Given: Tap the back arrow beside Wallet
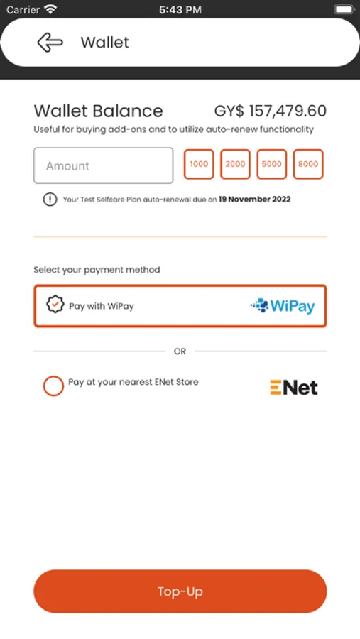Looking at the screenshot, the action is click(50, 43).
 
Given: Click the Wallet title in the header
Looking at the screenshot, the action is click(105, 43).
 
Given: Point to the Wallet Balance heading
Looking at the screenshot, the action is click(98, 111).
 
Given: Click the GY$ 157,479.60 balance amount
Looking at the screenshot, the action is click(271, 111).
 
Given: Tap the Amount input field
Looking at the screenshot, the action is click(104, 165).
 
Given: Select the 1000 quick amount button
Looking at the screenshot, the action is click(199, 164).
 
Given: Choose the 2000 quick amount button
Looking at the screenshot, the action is click(235, 164).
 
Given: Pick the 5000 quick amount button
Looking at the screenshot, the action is click(271, 164).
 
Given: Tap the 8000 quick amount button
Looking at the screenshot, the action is click(308, 164).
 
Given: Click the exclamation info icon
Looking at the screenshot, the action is click(50, 200).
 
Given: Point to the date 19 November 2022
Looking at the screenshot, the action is click(254, 200).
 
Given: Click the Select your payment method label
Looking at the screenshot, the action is click(97, 270).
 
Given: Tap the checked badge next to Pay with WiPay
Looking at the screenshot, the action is click(55, 305).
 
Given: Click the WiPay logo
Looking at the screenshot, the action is click(283, 306).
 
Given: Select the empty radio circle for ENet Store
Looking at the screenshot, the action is click(53, 386).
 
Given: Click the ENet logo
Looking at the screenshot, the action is click(294, 388).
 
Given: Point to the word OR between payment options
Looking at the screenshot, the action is click(180, 351).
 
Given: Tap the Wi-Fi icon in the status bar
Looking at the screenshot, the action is click(50, 9).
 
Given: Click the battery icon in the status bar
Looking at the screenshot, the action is click(344, 9).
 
